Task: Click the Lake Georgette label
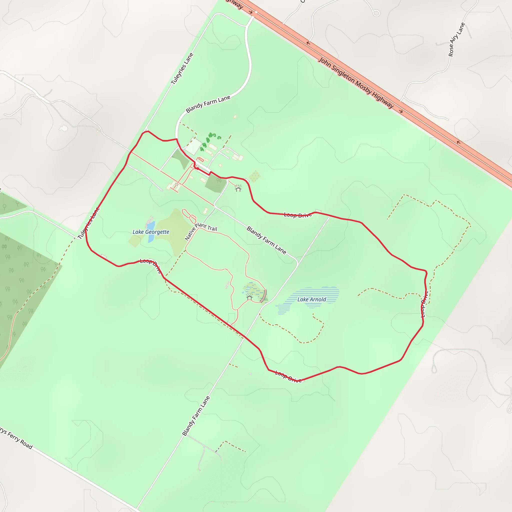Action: [x=151, y=232]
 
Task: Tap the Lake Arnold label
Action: [x=312, y=299]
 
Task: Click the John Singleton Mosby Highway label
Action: [x=356, y=83]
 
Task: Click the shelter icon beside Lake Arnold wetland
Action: [x=249, y=297]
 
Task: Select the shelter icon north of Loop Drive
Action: [x=238, y=188]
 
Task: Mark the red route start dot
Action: [x=197, y=168]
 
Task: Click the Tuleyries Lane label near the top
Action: [x=182, y=69]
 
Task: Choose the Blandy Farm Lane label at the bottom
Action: [x=196, y=416]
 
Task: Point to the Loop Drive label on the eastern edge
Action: [x=424, y=304]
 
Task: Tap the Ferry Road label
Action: [x=16, y=438]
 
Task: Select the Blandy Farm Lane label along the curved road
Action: [x=208, y=104]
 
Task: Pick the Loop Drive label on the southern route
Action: [x=288, y=376]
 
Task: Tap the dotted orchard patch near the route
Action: [x=255, y=176]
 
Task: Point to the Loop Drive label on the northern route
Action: [x=298, y=215]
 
